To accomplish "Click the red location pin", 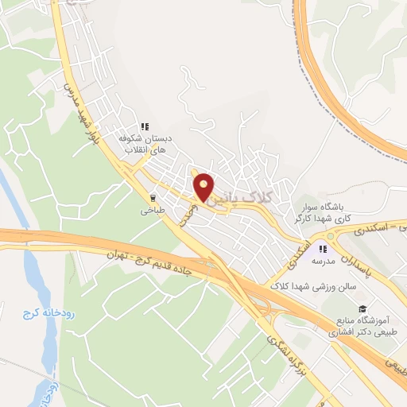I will point(204,185).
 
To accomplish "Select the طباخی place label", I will point(151,211).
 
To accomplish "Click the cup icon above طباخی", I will point(153,198).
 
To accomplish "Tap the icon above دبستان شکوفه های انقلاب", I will point(145,126).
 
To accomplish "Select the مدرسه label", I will point(325,260).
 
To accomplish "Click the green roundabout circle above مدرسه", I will point(330,236).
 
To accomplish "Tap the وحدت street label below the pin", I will point(185,215).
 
